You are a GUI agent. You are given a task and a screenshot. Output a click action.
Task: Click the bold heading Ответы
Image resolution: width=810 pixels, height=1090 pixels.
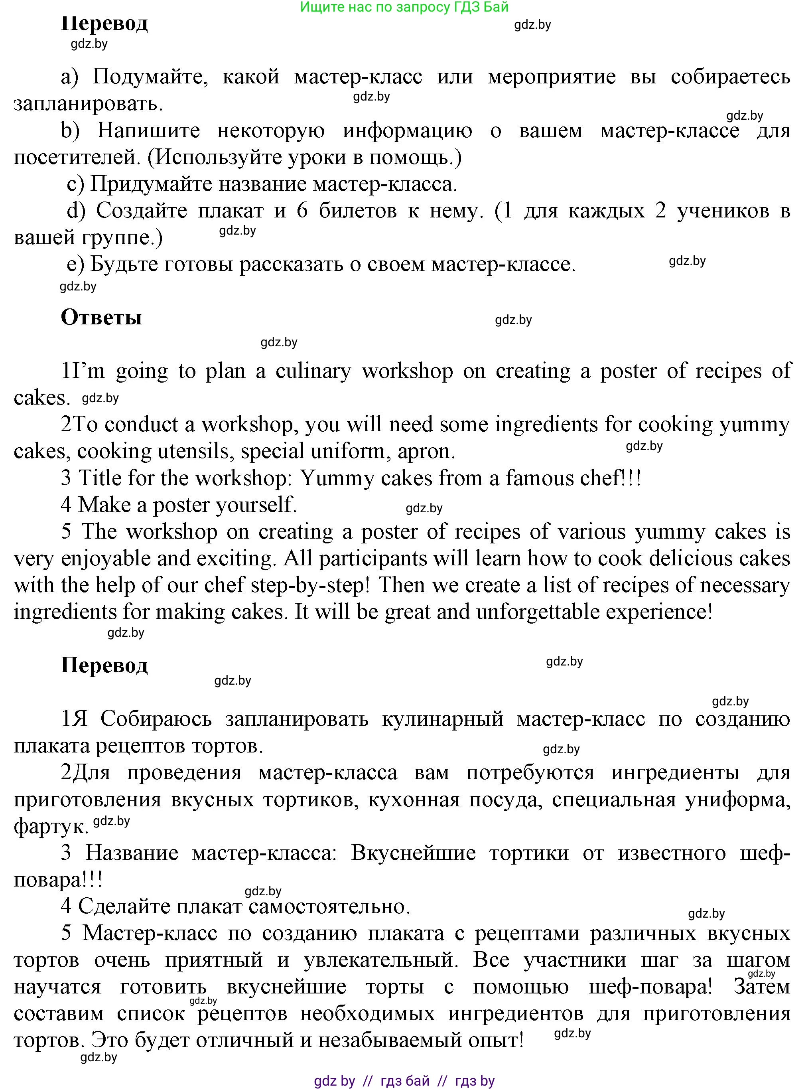[x=101, y=318]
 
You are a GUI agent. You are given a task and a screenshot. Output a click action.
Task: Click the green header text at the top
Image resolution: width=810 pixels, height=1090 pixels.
[x=404, y=7]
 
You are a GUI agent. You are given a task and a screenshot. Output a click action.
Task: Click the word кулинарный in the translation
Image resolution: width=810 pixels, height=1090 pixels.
[x=442, y=719]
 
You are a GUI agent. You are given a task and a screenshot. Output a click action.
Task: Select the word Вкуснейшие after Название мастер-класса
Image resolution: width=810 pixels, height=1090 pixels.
[x=413, y=853]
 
